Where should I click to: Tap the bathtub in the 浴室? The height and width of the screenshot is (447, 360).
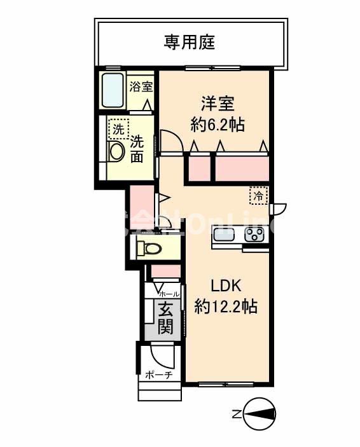[x=113, y=91]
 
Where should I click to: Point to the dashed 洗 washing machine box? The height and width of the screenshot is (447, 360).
[x=118, y=128]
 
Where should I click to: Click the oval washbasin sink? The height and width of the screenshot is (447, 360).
[x=116, y=151]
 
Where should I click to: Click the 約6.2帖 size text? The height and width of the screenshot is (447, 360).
[x=218, y=123]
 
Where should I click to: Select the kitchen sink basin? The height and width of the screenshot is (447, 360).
[x=225, y=235]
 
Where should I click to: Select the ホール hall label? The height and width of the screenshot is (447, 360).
[x=169, y=294]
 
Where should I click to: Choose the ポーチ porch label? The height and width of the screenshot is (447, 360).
[x=159, y=375]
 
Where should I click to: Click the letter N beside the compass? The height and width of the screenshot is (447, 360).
[x=236, y=415]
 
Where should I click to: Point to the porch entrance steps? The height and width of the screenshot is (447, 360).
[x=159, y=390]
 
